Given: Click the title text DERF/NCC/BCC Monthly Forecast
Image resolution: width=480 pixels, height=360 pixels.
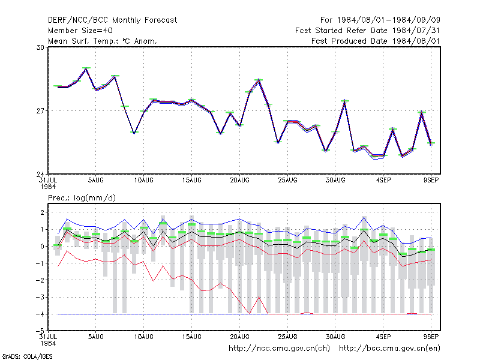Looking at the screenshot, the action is click(x=112, y=20).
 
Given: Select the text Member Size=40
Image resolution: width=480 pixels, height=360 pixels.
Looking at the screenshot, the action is click(x=80, y=31).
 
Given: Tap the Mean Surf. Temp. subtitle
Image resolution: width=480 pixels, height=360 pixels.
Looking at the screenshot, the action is click(x=102, y=41).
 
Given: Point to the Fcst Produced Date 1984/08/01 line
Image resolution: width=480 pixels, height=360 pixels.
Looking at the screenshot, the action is click(x=376, y=41).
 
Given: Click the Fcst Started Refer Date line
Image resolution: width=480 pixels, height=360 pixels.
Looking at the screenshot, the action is click(x=368, y=31).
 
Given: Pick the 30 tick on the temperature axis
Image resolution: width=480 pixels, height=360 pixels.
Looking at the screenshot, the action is click(x=40, y=47).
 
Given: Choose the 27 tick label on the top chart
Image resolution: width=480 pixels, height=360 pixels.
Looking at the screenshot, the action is click(x=40, y=111).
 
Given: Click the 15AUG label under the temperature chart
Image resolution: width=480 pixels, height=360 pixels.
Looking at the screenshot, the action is click(x=191, y=181).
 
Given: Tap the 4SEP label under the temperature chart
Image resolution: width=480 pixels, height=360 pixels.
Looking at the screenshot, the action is click(x=383, y=181).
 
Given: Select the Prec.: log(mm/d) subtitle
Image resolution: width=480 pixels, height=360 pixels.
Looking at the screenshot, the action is click(x=82, y=198).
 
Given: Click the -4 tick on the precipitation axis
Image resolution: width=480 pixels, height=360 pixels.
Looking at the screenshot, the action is click(x=40, y=314).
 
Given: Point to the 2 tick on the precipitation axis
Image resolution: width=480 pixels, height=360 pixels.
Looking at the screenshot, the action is click(x=42, y=212).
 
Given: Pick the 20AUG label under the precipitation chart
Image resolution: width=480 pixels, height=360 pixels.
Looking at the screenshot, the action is click(x=239, y=337).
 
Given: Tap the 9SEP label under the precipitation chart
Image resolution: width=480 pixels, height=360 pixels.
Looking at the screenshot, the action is click(x=431, y=337).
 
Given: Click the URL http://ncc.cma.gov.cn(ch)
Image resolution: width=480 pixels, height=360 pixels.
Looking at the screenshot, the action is click(x=279, y=349).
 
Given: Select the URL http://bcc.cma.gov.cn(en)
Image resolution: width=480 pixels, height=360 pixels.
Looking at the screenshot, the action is click(x=389, y=349).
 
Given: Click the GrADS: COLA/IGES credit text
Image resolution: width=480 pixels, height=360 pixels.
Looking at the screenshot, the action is click(x=27, y=356).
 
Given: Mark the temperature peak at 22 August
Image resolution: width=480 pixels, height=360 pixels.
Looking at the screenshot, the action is click(x=259, y=80).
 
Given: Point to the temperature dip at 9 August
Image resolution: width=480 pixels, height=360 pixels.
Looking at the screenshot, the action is click(x=134, y=133).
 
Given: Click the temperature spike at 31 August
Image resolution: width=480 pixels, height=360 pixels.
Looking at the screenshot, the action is click(x=345, y=101).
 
